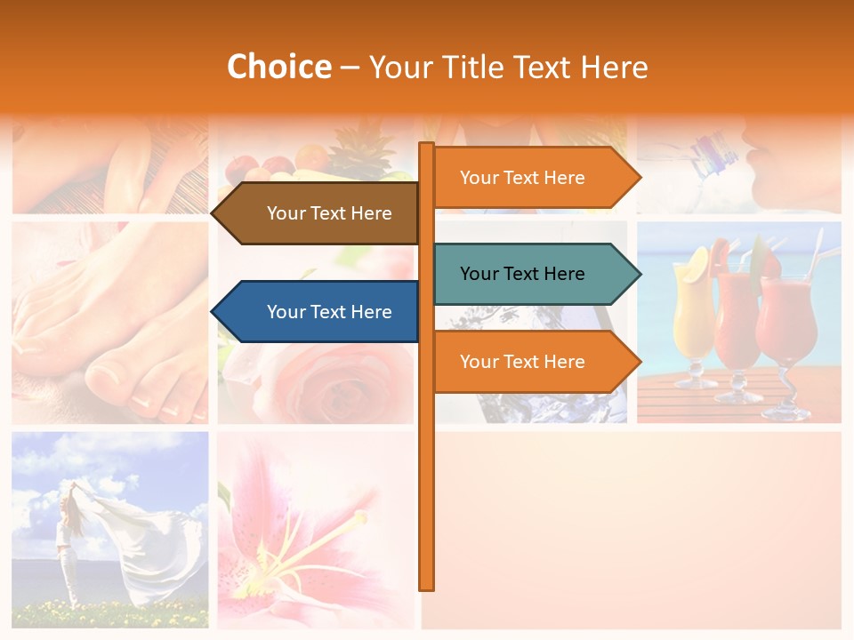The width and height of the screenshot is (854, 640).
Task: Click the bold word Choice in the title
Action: pyautogui.click(x=278, y=68)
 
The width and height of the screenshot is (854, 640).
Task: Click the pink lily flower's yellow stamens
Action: pyautogui.click(x=302, y=551)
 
